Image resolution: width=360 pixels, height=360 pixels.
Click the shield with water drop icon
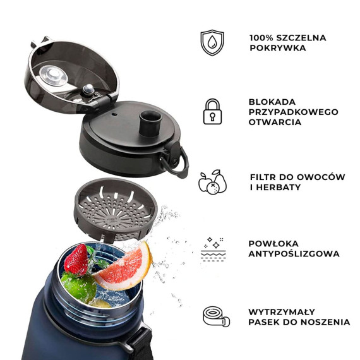pyautogui.click(x=212, y=42)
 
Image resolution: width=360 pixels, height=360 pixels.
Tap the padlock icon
pyautogui.click(x=212, y=111)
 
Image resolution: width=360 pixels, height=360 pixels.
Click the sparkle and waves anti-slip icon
pyautogui.click(x=213, y=249)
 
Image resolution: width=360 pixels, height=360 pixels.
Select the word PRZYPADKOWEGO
pyautogui.click(x=293, y=112)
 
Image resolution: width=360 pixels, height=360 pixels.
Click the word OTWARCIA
pyautogui.click(x=275, y=122)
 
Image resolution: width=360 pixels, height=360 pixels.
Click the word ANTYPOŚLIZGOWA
pyautogui.click(x=294, y=254)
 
